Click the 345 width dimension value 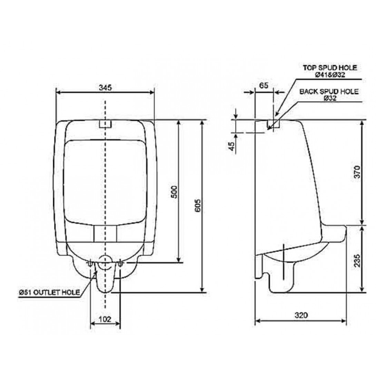coord(105,88)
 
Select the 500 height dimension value coord(174,192)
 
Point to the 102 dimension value coord(105,319)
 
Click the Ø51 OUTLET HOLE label coord(49,293)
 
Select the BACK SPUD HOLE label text coord(328,92)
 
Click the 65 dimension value coord(264,86)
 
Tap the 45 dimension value coord(232,146)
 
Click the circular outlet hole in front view coord(105,264)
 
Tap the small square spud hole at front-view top coord(105,123)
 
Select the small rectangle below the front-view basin coord(105,234)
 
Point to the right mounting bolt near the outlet coord(120,264)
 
